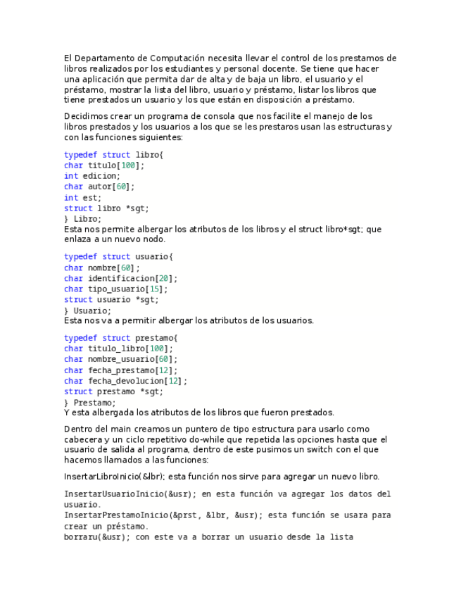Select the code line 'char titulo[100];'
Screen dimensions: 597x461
(103, 165)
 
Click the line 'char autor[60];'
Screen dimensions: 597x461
(99, 187)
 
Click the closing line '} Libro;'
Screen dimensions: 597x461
(82, 219)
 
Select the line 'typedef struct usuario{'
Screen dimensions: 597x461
(118, 257)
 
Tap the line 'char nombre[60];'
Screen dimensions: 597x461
(101, 268)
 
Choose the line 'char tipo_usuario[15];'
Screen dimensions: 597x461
(115, 289)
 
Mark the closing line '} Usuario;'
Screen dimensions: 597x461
(87, 310)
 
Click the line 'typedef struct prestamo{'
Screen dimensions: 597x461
(120, 338)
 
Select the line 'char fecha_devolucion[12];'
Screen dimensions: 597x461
(125, 381)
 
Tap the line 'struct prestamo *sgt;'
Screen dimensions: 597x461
(113, 391)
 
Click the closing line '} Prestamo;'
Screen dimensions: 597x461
(89, 403)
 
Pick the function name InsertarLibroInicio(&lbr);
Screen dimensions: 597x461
(115, 477)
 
